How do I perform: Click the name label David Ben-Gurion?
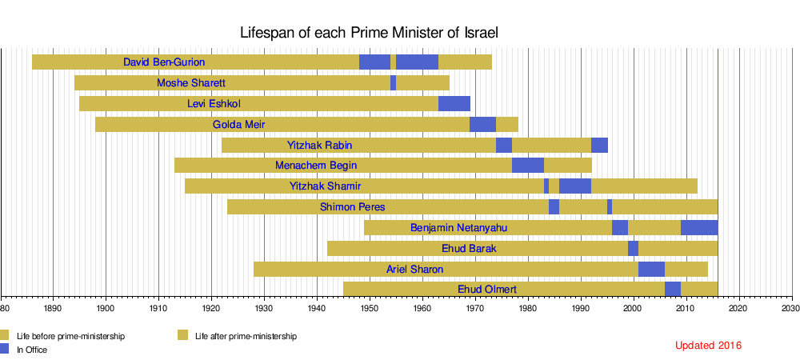[x=164, y=62]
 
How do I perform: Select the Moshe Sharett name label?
[x=191, y=82]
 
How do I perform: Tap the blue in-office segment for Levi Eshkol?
[x=454, y=103]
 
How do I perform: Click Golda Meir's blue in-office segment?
[x=482, y=124]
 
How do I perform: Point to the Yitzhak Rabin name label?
[x=319, y=145]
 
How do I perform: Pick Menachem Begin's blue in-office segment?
[x=528, y=166]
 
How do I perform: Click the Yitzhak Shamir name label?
[x=325, y=186]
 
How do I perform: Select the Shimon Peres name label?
[x=352, y=207]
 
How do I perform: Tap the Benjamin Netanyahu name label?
[x=458, y=228]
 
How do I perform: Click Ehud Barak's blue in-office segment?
[x=633, y=249]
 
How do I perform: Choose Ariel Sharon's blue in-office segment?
[x=651, y=270]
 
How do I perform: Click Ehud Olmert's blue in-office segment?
[x=673, y=289]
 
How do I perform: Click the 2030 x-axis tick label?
[x=791, y=306]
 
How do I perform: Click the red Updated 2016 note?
[x=708, y=346]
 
